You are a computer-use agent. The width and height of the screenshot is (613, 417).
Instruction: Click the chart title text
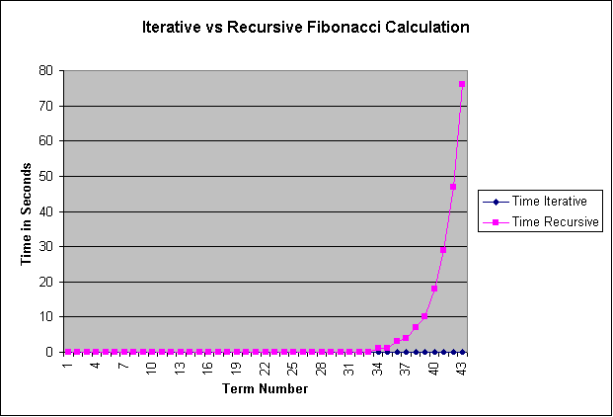(306, 27)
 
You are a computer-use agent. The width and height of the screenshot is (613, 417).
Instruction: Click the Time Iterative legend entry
(549, 201)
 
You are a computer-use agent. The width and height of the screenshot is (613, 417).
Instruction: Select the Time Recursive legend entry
(555, 222)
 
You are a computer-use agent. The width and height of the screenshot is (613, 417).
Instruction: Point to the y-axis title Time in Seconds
(27, 210)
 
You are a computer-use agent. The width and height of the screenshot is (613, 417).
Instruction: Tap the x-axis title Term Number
(264, 389)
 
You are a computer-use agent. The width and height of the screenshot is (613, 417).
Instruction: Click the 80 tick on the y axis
(46, 71)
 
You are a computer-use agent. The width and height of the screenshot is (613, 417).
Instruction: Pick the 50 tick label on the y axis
(46, 177)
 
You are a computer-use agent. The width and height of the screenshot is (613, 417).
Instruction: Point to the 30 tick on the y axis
(46, 247)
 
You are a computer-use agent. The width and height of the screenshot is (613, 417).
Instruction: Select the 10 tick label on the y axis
(46, 317)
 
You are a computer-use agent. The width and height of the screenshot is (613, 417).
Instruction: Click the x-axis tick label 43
(462, 368)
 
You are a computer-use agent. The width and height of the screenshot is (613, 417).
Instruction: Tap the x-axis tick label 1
(67, 366)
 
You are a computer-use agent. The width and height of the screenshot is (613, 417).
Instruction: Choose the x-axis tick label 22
(265, 368)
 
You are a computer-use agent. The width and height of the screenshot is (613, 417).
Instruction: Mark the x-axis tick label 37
(406, 368)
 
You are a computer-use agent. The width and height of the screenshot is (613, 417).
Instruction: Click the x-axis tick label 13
(180, 368)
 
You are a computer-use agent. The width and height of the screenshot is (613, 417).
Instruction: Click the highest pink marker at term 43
(462, 84)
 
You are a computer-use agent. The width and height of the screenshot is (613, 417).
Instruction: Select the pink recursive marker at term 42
(453, 187)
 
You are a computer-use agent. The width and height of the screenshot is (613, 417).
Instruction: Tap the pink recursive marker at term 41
(443, 250)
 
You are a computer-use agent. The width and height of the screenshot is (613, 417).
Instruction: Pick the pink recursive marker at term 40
(434, 289)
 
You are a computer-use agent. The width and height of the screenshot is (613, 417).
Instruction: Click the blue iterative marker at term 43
(462, 352)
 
